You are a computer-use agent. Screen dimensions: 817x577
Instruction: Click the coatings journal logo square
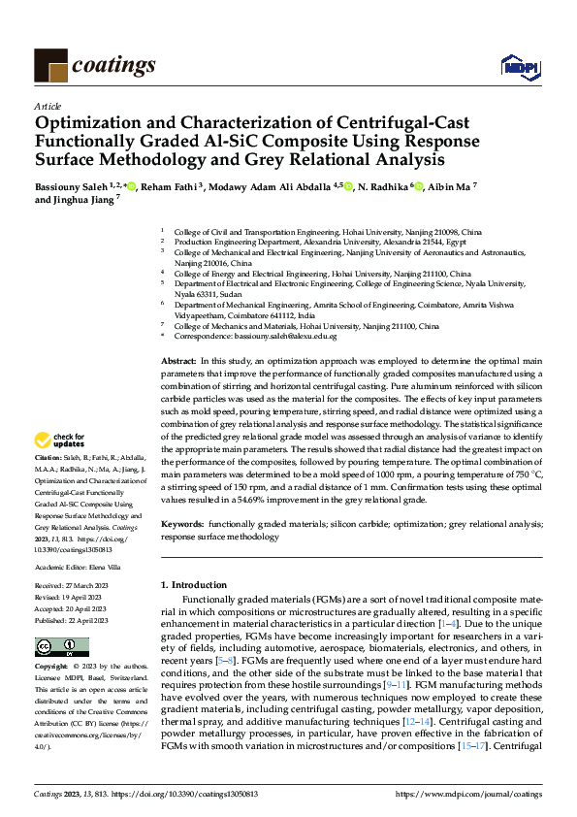pyautogui.click(x=50, y=64)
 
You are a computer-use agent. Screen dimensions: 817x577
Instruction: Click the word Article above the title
pyautogui.click(x=47, y=105)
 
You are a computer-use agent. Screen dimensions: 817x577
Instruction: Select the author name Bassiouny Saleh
pyautogui.click(x=70, y=186)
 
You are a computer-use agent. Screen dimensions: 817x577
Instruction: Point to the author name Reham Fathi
pyautogui.click(x=171, y=186)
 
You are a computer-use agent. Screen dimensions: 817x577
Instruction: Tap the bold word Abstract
pyautogui.click(x=177, y=360)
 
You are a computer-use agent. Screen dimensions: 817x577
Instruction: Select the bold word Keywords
pyautogui.click(x=181, y=524)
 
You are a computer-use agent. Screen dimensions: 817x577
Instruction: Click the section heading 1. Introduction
pyautogui.click(x=193, y=585)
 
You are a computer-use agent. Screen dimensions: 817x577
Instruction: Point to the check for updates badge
pyautogui.click(x=58, y=440)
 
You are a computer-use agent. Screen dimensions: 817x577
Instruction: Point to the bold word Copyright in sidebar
pyautogui.click(x=50, y=668)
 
